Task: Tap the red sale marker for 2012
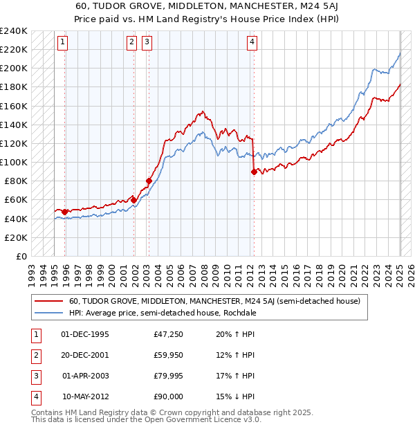point(254,172)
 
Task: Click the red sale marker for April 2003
point(149,181)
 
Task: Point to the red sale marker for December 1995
point(65,212)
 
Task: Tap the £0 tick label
point(21,256)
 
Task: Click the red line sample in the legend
point(48,301)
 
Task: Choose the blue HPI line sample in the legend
point(48,313)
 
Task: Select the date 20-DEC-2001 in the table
point(85,356)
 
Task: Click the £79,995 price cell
point(169,376)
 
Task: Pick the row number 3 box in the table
point(35,376)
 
